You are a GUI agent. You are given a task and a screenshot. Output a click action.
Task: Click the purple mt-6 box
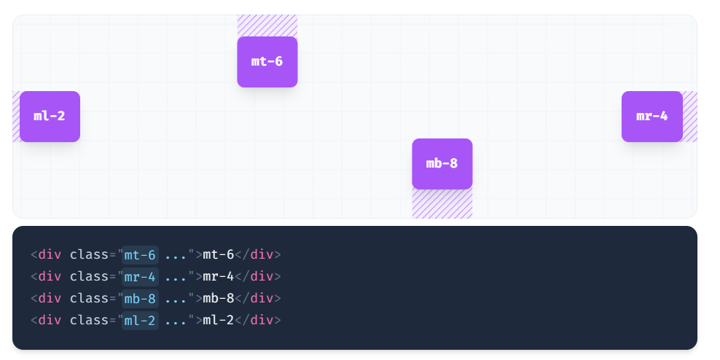point(267,62)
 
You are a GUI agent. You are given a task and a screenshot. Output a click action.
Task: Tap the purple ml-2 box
point(50,117)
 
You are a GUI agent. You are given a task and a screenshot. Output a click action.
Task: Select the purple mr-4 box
point(651,117)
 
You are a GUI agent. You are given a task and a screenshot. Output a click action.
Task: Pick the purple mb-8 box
point(442,164)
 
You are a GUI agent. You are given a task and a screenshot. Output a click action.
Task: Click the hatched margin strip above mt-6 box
point(267,26)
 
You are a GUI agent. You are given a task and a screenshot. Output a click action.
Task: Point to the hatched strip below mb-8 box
point(442,204)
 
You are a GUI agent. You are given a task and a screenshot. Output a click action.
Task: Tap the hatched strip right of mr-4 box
point(689,117)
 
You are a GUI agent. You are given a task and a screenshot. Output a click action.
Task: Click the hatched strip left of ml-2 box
point(16,117)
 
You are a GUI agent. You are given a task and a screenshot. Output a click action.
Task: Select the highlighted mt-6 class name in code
point(140,254)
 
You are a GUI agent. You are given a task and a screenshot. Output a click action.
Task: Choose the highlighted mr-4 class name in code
point(140,276)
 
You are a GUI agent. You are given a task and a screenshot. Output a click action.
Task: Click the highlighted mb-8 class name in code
point(140,298)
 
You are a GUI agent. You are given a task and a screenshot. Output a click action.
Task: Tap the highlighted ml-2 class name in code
point(140,320)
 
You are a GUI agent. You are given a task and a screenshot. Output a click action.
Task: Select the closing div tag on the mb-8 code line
point(261,298)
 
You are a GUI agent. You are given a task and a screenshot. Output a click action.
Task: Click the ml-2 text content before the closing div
point(219,320)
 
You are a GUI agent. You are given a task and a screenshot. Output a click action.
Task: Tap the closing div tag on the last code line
point(261,320)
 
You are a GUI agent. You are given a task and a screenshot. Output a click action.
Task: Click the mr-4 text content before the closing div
point(219,276)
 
